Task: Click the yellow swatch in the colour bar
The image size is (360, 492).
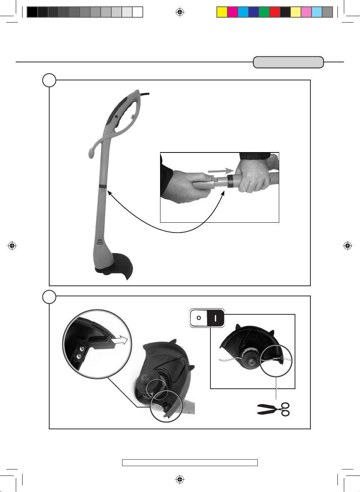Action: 222,12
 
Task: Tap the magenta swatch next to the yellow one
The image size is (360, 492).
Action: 233,12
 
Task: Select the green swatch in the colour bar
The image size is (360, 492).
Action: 264,12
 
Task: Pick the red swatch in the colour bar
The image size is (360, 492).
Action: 275,12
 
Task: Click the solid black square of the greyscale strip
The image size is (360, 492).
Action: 32,12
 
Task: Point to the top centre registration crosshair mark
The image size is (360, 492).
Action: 180,12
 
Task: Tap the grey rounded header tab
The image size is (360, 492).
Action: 288,62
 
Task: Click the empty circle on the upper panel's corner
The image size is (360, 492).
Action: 49,80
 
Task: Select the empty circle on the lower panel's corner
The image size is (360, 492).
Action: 49,297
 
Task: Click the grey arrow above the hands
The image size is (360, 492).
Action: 221,171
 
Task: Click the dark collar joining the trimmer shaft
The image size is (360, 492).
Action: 103,186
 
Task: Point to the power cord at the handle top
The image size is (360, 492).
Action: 145,94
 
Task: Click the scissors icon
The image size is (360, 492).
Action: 274,409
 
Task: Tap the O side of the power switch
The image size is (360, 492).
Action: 199,318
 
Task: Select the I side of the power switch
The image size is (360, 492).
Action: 216,318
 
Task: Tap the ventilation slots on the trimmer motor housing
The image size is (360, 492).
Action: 100,241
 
